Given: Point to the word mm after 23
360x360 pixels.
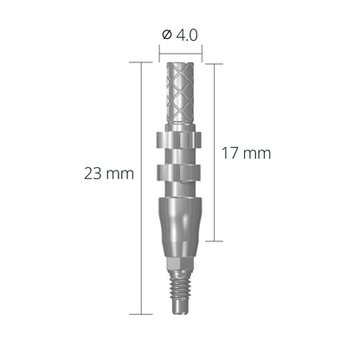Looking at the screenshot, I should pos(120,173).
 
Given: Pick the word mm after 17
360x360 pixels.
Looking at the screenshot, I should pos(257,152).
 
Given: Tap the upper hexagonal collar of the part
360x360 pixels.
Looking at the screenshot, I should pos(182,139).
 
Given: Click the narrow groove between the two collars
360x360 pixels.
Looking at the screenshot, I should pos(182,157).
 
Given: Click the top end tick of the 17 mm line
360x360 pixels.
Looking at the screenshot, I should pos(212,61).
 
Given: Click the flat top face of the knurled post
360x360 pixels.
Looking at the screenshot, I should pos(182,64).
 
